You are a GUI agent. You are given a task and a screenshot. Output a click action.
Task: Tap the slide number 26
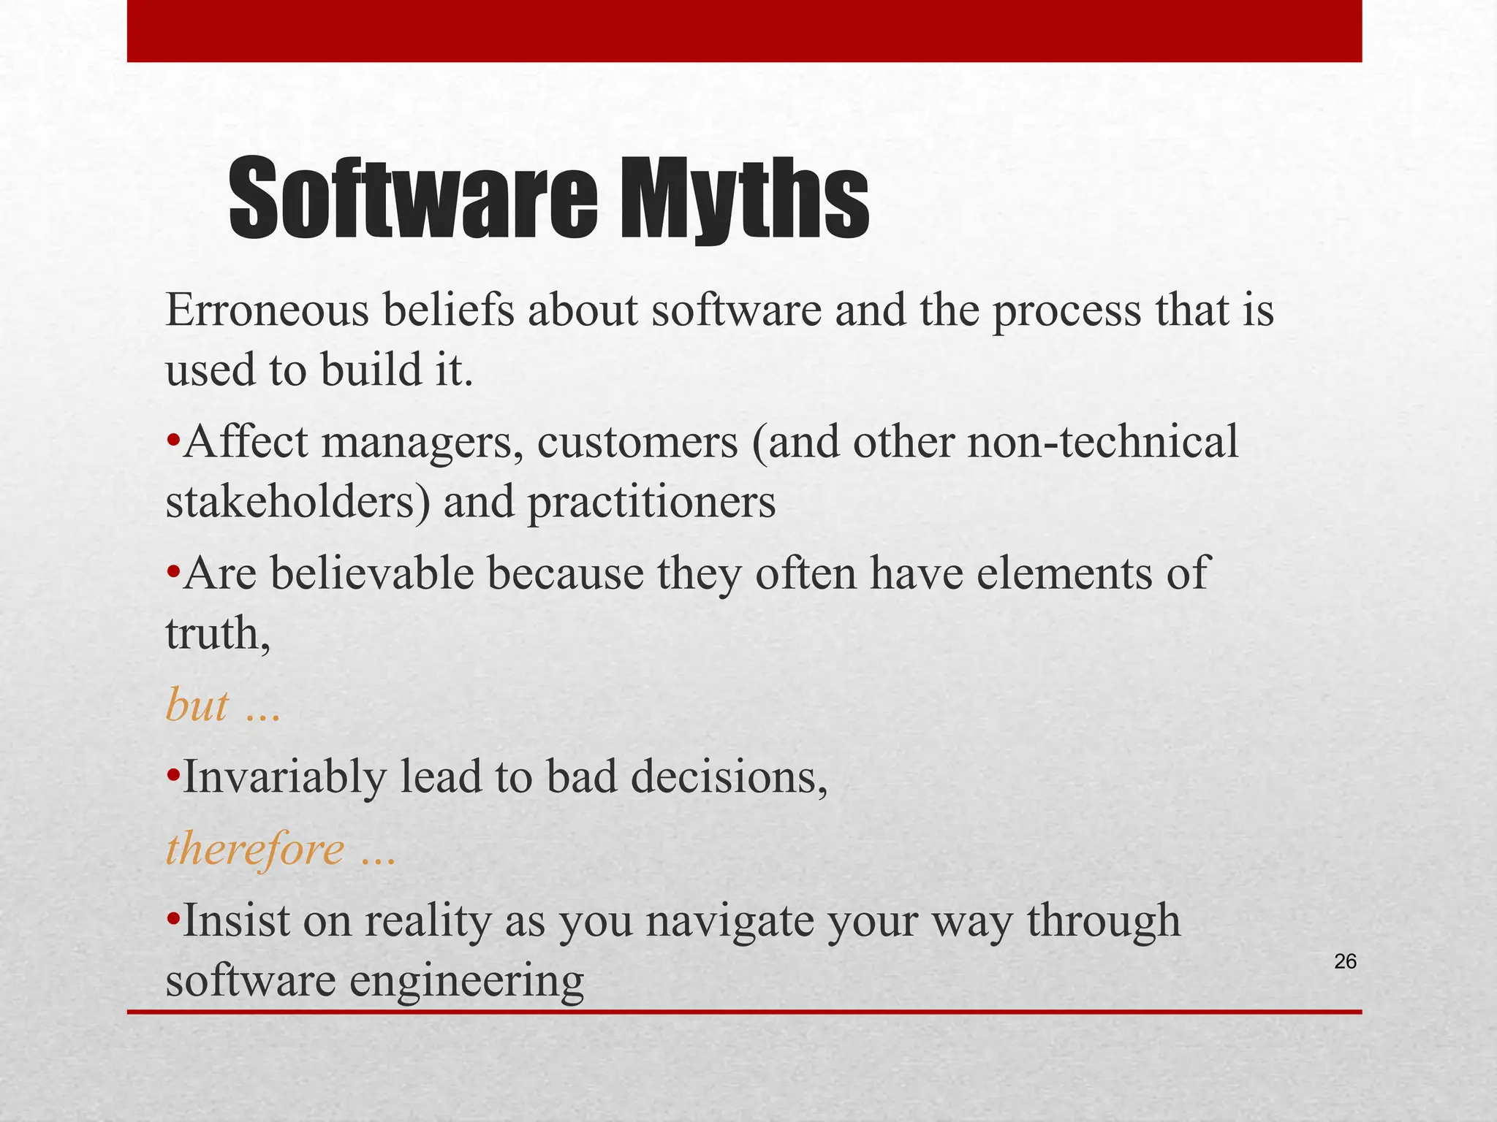click(x=1345, y=962)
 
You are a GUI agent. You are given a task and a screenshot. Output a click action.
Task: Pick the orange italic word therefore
click(x=255, y=850)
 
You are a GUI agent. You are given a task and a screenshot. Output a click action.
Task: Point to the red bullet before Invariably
click(x=173, y=775)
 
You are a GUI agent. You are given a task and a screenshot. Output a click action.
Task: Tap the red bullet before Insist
click(x=173, y=918)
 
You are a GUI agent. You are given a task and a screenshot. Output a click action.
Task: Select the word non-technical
click(x=1103, y=443)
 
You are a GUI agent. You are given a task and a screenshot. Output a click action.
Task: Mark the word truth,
click(x=218, y=633)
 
